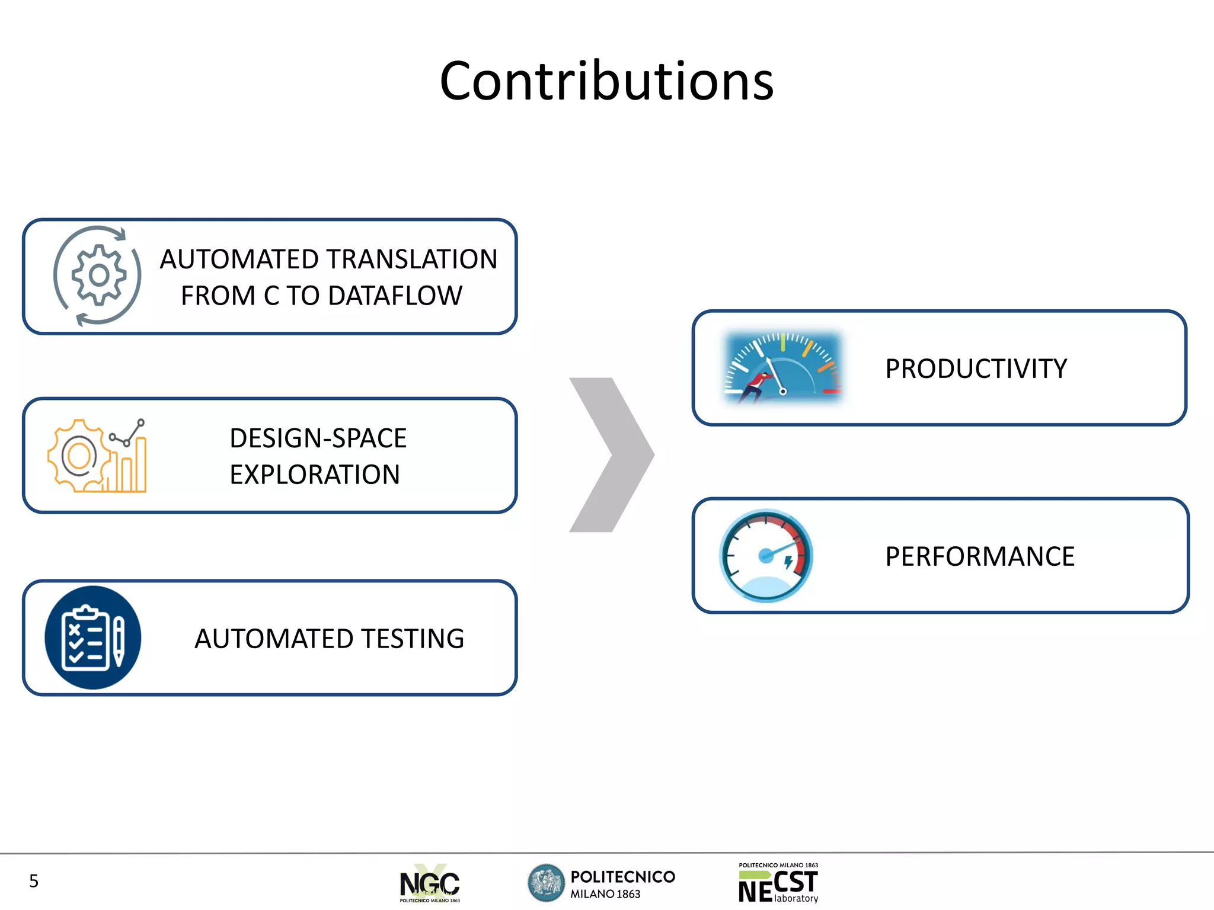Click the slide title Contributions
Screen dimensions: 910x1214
[606, 81]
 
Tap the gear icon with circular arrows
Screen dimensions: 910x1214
[98, 275]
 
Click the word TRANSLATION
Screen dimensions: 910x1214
[411, 259]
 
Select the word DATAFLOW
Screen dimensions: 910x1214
[395, 296]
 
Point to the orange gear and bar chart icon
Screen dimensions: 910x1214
[97, 456]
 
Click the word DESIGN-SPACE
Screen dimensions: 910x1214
[318, 438]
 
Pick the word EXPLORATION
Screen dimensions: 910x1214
[315, 475]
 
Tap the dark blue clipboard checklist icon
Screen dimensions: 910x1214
[93, 637]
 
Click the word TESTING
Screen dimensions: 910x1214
[413, 639]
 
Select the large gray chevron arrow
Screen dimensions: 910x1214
[611, 455]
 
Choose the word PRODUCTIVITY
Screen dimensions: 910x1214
[976, 369]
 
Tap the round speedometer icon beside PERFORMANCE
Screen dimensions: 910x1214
[766, 556]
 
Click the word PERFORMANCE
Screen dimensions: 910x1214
[979, 557]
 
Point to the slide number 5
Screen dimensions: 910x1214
[34, 881]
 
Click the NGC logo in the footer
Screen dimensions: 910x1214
[430, 883]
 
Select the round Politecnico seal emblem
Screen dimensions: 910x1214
[546, 883]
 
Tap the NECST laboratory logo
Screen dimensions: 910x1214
[778, 883]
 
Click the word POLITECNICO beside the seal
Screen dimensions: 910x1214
[622, 877]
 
